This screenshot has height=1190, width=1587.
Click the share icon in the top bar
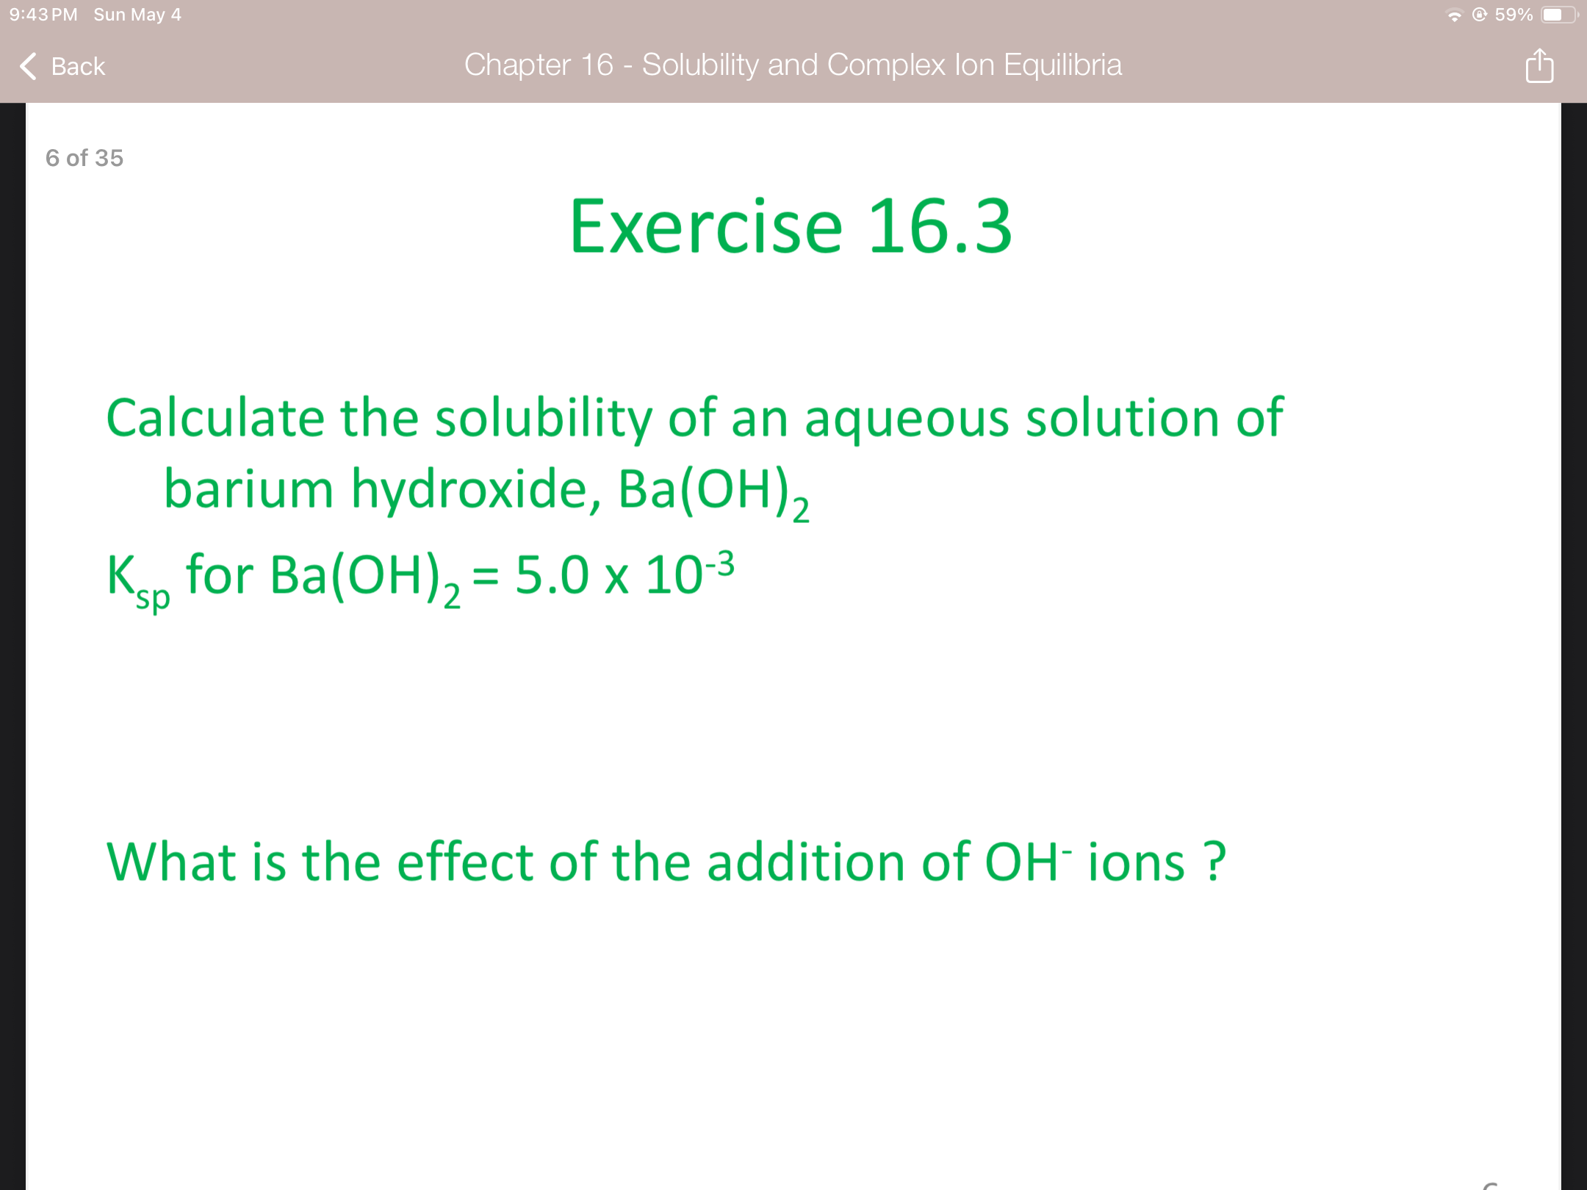(x=1539, y=66)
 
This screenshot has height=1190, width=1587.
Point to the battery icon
(x=1558, y=15)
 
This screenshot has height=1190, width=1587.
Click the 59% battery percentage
(x=1514, y=15)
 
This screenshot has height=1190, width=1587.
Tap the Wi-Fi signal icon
(x=1454, y=15)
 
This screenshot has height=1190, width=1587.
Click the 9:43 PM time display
(x=43, y=15)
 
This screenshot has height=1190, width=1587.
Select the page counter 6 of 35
(x=84, y=158)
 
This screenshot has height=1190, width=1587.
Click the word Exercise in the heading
(x=706, y=227)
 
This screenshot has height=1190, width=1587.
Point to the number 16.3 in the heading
(x=940, y=227)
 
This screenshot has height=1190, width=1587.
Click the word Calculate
(x=215, y=417)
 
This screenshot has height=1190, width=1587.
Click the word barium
(x=248, y=488)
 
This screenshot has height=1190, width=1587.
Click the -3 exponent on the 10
(x=720, y=564)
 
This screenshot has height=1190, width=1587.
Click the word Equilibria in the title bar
(x=1062, y=65)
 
